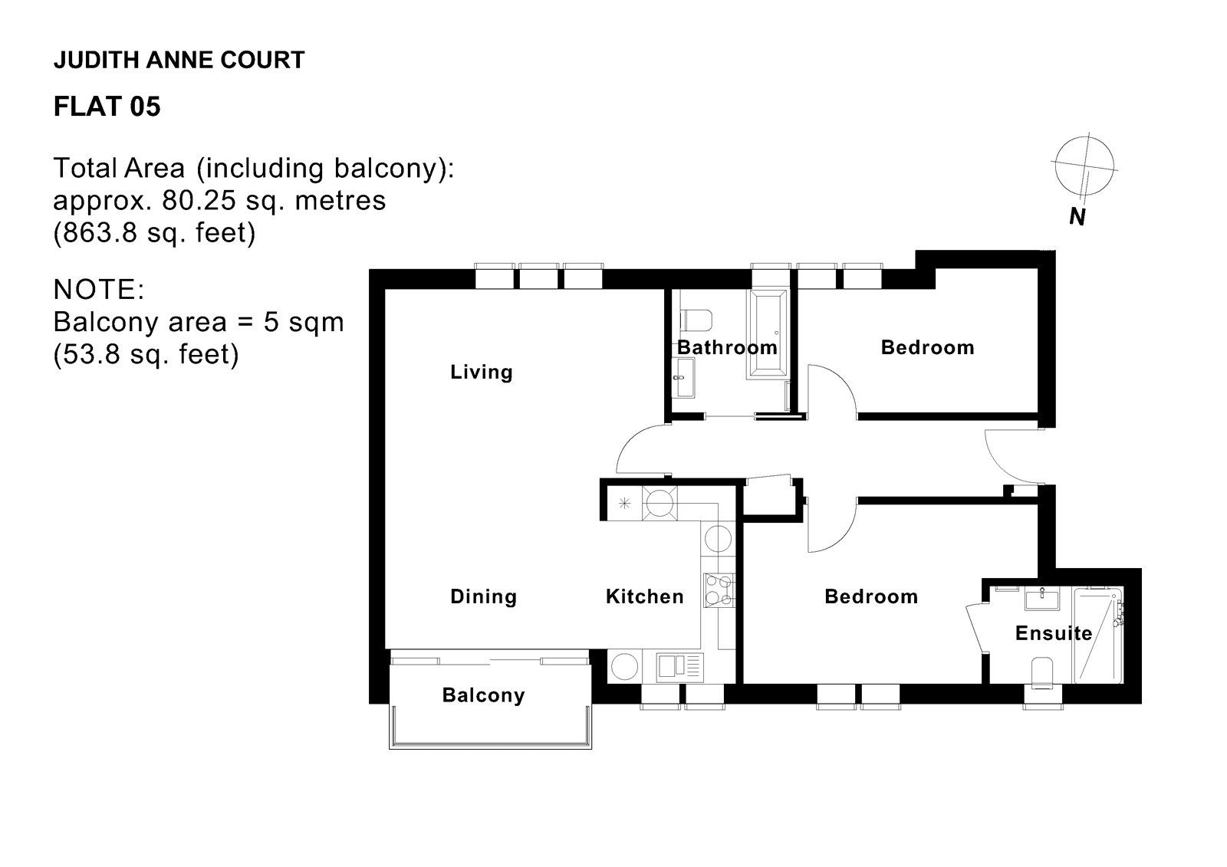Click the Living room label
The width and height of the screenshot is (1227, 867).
point(481,373)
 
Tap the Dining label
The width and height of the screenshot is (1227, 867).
point(483,596)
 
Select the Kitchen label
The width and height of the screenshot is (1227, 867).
point(644,596)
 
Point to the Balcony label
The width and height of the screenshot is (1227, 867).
point(483,695)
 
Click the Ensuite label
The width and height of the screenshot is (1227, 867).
point(1053,633)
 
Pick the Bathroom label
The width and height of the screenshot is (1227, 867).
point(726,347)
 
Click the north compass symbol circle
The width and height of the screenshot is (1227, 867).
point(1084,165)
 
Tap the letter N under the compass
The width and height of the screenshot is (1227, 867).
point(1077,218)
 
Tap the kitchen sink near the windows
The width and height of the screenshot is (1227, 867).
point(679,665)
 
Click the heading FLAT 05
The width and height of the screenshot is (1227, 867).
point(107,107)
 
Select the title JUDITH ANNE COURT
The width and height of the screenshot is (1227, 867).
point(179,60)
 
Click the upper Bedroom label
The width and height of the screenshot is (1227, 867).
point(926,347)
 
